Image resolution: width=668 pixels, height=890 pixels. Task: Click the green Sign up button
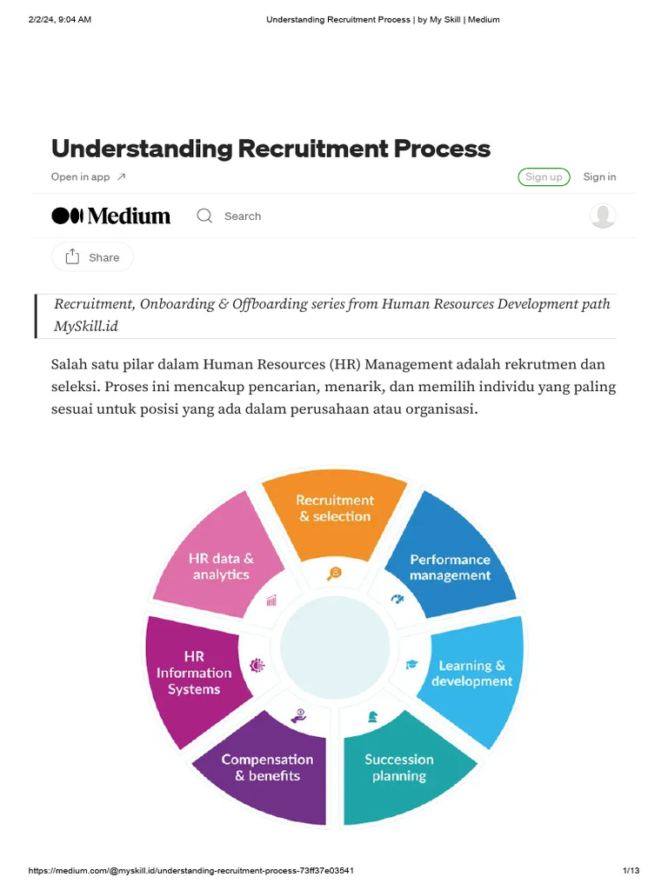tap(544, 176)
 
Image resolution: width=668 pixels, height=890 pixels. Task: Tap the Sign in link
tap(599, 176)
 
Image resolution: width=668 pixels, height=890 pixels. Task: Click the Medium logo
tap(111, 216)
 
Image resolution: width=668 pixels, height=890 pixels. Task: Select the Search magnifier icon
tap(204, 216)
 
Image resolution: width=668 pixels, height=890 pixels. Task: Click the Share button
tap(92, 257)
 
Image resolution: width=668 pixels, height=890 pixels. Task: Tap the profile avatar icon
tap(603, 216)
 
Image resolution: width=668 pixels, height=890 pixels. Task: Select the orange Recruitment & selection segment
tap(335, 512)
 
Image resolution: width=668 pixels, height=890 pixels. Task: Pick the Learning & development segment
tap(472, 674)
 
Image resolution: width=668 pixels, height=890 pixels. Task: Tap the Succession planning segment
tap(399, 769)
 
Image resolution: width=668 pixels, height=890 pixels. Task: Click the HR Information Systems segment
tap(194, 673)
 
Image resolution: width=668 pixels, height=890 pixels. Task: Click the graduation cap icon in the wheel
tap(411, 665)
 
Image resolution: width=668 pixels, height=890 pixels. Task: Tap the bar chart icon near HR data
tap(272, 600)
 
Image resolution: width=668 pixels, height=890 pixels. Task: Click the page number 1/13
tap(631, 871)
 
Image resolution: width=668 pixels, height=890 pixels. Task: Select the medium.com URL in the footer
tap(190, 871)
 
